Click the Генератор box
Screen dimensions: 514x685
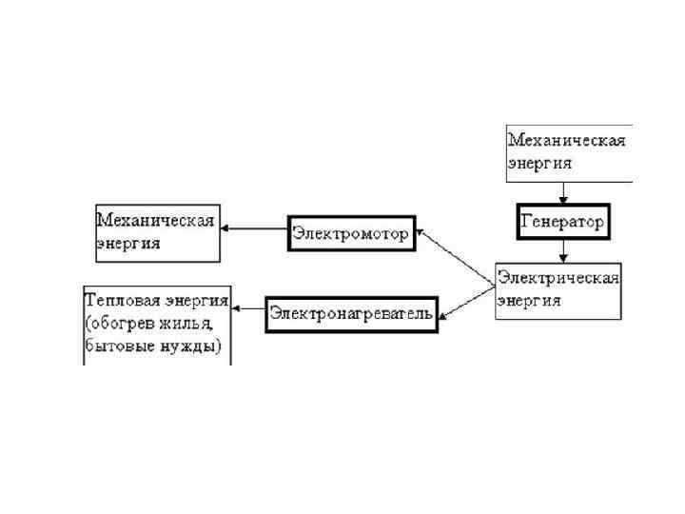[x=561, y=222]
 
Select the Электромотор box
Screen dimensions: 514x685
[x=352, y=233]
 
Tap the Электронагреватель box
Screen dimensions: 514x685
[x=351, y=313]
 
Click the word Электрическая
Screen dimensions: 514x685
[x=558, y=279]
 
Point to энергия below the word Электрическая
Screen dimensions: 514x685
[x=529, y=301]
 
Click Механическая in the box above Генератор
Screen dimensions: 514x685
[x=567, y=141]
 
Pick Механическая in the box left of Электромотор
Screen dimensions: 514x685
[x=156, y=220]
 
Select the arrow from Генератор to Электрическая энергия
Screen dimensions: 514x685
[x=563, y=250]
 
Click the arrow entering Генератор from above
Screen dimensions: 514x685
[x=563, y=192]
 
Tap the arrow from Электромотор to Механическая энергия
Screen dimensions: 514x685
[x=254, y=228]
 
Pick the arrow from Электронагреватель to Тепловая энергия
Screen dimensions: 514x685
[x=249, y=308]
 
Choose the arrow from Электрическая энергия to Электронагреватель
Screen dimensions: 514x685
[x=466, y=299]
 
